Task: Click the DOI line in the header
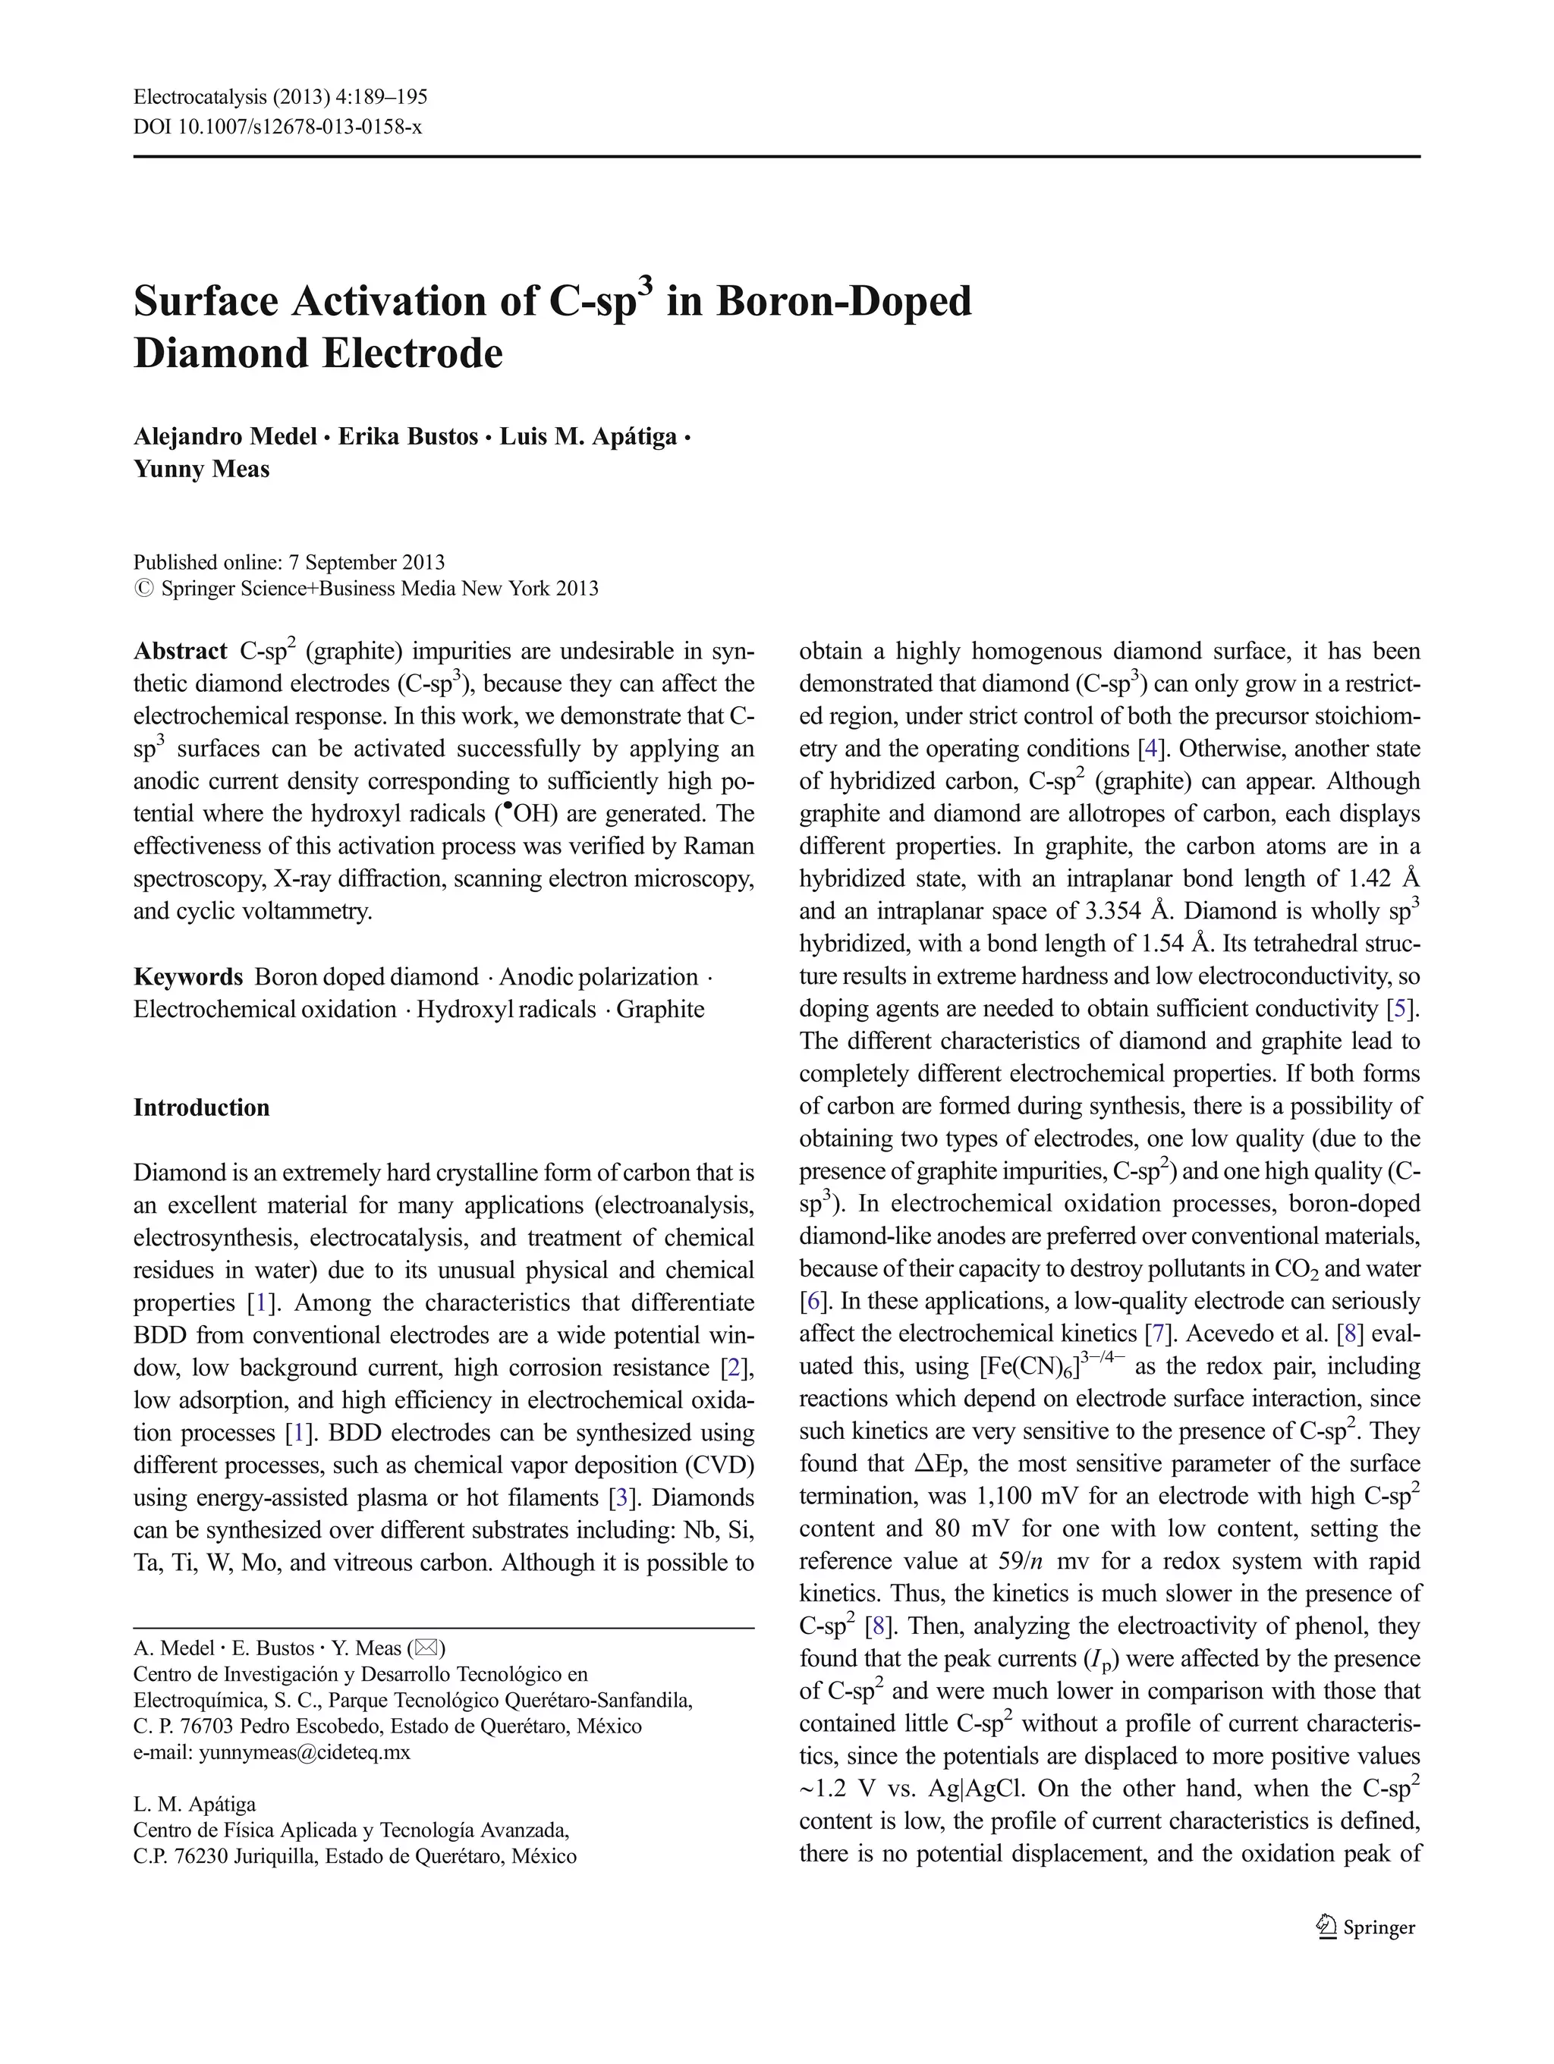coord(277,127)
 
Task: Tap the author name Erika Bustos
coord(408,437)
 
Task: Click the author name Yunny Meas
coord(202,469)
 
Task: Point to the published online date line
coord(288,562)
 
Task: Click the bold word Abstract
coord(180,652)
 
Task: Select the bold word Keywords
coord(187,977)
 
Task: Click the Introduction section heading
coord(202,1107)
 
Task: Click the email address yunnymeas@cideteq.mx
coord(304,1752)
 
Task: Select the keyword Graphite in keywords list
coord(660,1010)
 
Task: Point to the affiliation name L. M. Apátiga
coord(194,1805)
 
